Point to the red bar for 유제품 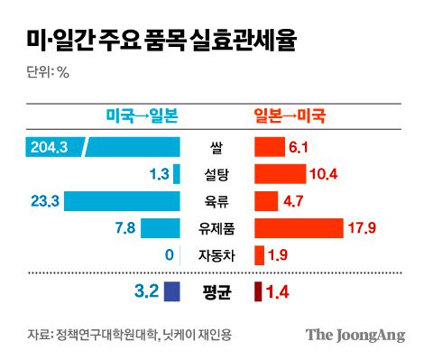pos(299,228)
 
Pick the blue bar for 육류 pos(122,201)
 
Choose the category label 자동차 pos(216,255)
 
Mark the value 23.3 pos(45,201)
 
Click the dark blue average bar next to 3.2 pos(171,291)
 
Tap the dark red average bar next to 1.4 pos(258,291)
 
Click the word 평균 pos(216,291)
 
